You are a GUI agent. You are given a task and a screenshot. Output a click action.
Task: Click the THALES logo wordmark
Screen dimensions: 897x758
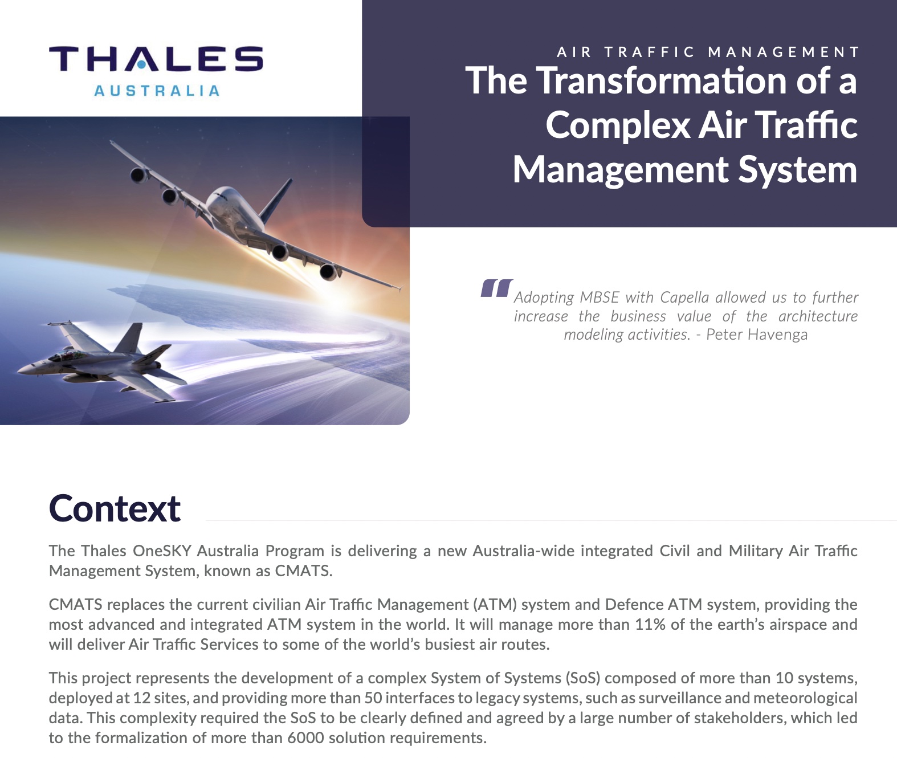[x=156, y=59]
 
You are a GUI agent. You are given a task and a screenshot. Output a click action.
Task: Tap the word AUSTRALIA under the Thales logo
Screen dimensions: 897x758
[x=157, y=91]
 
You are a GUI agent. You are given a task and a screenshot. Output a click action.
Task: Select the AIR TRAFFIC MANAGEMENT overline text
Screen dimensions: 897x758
[x=708, y=52]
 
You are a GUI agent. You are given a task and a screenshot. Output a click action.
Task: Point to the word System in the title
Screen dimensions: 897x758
[x=798, y=170]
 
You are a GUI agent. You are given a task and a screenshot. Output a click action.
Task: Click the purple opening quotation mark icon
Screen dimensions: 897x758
[x=496, y=288]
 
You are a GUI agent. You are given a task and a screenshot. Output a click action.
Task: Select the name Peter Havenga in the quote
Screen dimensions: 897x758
[x=757, y=335]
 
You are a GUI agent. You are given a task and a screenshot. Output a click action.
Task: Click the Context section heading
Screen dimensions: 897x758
[x=115, y=509]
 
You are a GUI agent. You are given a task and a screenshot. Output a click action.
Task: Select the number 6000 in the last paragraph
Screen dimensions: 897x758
[x=305, y=738]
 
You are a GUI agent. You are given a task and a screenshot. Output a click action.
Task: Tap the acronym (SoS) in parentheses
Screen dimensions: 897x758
[x=583, y=678]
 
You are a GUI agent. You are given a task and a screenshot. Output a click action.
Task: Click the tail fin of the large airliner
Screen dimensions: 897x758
[x=276, y=201]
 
